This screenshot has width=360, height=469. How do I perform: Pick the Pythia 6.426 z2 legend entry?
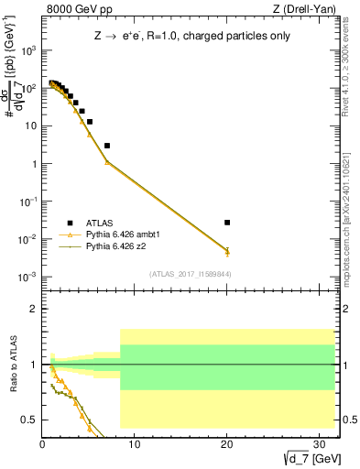click(x=120, y=246)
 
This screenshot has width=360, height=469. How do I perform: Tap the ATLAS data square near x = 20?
click(x=227, y=223)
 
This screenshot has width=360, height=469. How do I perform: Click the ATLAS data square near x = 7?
click(x=107, y=146)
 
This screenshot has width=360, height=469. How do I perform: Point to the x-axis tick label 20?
click(x=226, y=444)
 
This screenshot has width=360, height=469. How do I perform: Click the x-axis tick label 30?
click(x=318, y=444)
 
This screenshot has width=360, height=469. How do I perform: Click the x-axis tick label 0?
click(x=43, y=444)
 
